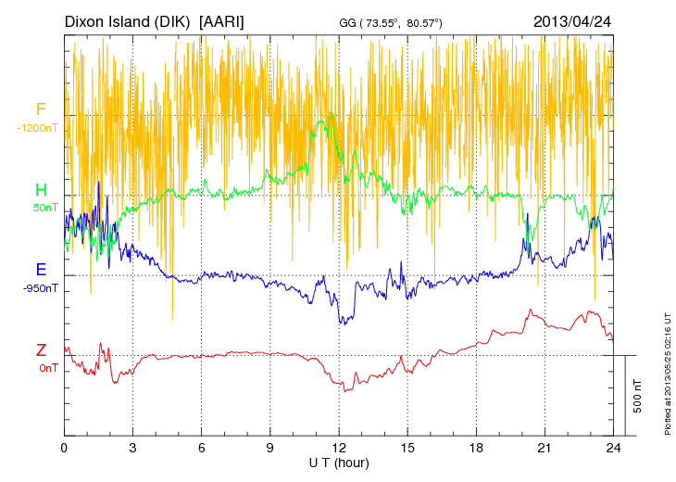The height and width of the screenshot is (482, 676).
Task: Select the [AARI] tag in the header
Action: (222, 21)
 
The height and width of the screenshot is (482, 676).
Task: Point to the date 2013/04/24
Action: (572, 21)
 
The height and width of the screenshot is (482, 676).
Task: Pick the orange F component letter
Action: (41, 109)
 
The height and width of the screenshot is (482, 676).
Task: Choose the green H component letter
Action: (41, 190)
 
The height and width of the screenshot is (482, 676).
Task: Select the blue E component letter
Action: (41, 270)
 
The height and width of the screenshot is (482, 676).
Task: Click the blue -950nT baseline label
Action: (42, 287)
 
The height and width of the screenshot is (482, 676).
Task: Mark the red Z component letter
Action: (41, 350)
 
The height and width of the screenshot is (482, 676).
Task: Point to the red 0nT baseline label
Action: (46, 368)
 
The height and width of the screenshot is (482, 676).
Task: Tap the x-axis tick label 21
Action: (545, 448)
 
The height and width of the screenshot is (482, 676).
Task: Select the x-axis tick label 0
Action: (64, 448)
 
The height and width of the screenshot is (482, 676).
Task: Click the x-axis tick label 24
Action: (614, 448)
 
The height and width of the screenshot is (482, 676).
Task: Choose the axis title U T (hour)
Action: (339, 462)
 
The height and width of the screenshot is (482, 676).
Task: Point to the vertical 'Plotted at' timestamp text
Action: (667, 371)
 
